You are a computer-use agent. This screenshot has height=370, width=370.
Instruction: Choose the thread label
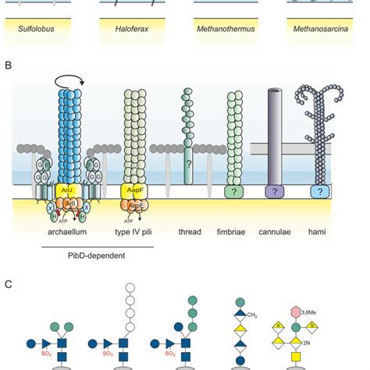[x=190, y=232]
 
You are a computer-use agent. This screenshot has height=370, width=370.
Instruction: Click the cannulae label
[x=279, y=232]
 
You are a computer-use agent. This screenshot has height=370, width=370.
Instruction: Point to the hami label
[x=319, y=232]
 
